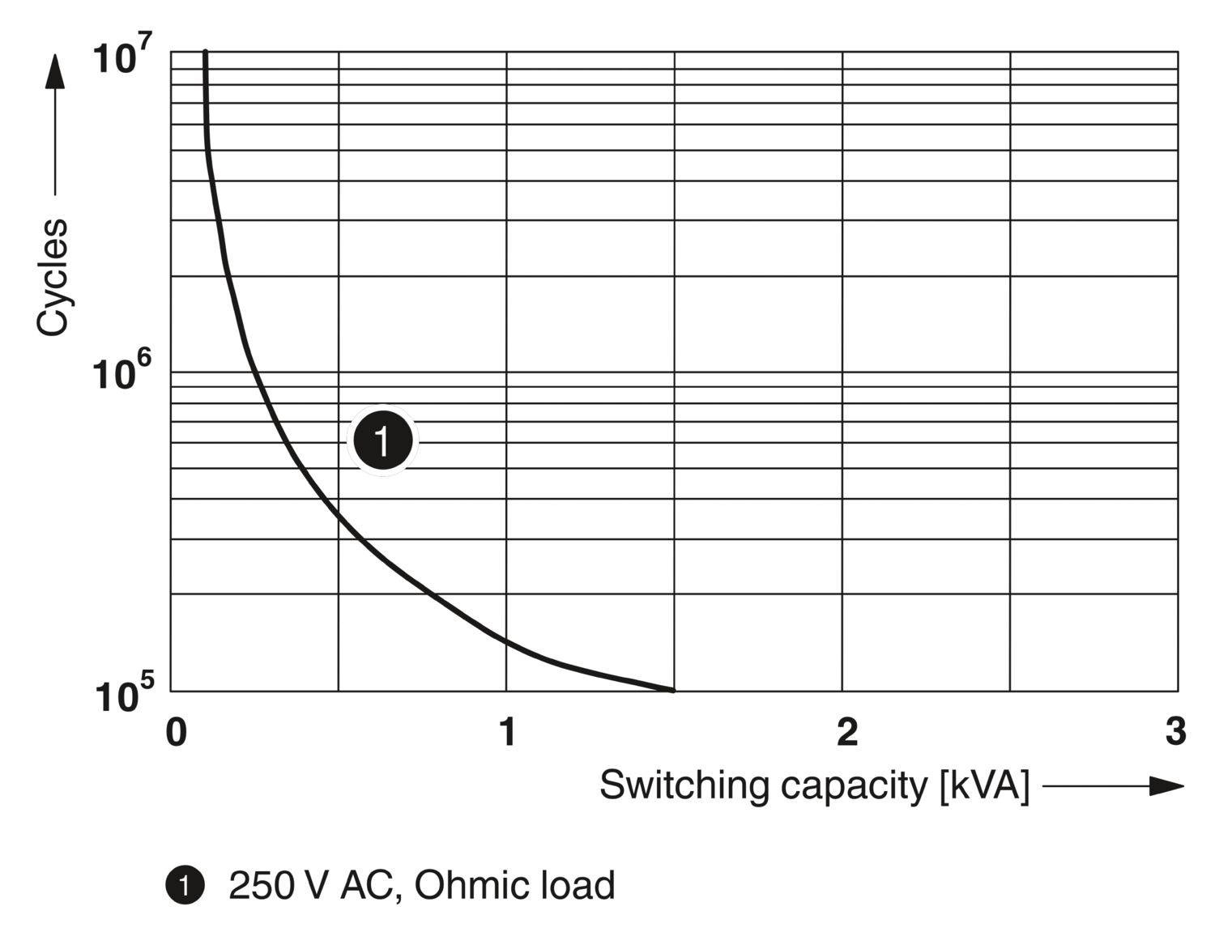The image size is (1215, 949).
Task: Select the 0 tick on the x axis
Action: pyautogui.click(x=176, y=732)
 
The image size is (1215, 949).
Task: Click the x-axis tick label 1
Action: pyautogui.click(x=507, y=732)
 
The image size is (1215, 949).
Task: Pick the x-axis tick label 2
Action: pyautogui.click(x=846, y=732)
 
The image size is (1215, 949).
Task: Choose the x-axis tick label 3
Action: pyautogui.click(x=1175, y=732)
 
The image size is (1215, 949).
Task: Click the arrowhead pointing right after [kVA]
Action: pyautogui.click(x=1166, y=785)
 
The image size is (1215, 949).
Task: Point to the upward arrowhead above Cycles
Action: pyautogui.click(x=54, y=71)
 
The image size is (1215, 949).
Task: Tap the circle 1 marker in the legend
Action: pyautogui.click(x=185, y=886)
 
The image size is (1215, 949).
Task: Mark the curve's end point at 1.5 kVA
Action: pyautogui.click(x=672, y=690)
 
